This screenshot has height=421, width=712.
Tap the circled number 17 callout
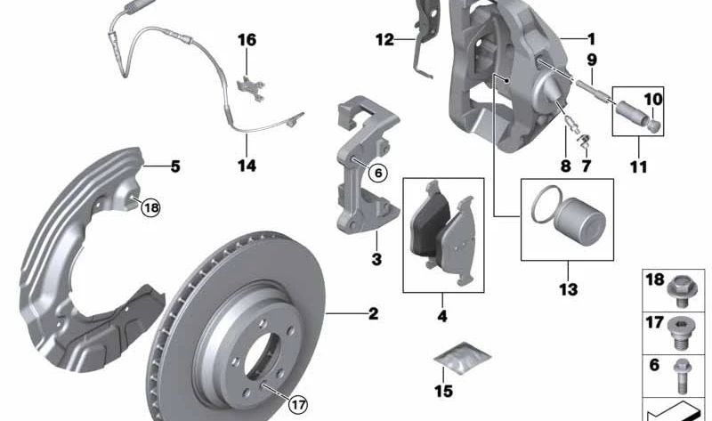(x=298, y=404)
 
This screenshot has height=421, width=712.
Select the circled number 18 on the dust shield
(x=150, y=208)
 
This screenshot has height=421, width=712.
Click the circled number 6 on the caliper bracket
(x=377, y=173)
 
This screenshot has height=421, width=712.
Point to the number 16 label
(x=247, y=40)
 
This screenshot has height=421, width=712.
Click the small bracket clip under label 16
(x=251, y=88)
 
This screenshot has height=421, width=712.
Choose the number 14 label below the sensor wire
(x=247, y=166)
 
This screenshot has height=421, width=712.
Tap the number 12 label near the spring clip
(x=384, y=40)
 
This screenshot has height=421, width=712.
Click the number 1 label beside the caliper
(x=591, y=39)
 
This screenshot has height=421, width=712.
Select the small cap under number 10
(x=653, y=125)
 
